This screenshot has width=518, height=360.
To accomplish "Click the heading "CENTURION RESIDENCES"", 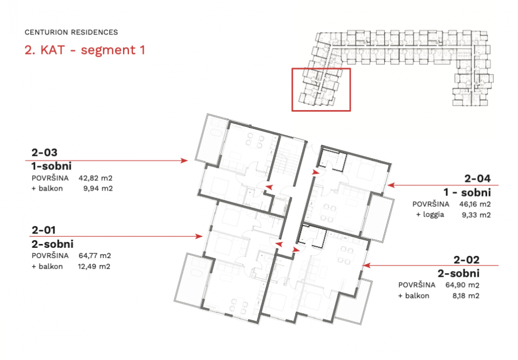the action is [x=71, y=32].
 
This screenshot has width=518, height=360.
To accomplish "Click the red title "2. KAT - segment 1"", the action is [x=85, y=50].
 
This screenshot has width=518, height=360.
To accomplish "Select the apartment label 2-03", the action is [x=44, y=152].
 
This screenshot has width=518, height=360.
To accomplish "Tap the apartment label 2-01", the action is [x=44, y=230].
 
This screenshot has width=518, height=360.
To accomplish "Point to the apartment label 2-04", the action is [x=478, y=179].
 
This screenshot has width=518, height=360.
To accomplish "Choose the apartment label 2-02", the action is [x=466, y=260].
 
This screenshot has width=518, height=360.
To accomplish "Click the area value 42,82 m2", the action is [x=96, y=178].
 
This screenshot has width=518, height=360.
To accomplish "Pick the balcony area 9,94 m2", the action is [x=98, y=188].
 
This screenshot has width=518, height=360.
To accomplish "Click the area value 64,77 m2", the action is [x=94, y=255].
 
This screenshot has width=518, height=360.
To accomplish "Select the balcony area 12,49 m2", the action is [x=94, y=267].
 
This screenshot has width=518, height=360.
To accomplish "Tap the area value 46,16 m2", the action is [x=475, y=204].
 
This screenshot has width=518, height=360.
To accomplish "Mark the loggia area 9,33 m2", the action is [x=476, y=215].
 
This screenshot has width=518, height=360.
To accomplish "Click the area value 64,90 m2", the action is [x=462, y=285].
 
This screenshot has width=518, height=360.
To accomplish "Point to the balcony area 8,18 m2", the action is [x=466, y=296].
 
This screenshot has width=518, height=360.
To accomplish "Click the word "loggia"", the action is [x=433, y=215].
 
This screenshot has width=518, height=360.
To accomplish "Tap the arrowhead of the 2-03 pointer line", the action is [x=185, y=161].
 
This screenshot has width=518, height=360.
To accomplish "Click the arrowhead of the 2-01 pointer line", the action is [x=199, y=236].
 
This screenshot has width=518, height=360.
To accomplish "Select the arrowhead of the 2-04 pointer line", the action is [x=391, y=185].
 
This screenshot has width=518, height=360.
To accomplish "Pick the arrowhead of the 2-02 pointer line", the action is [x=366, y=265].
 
